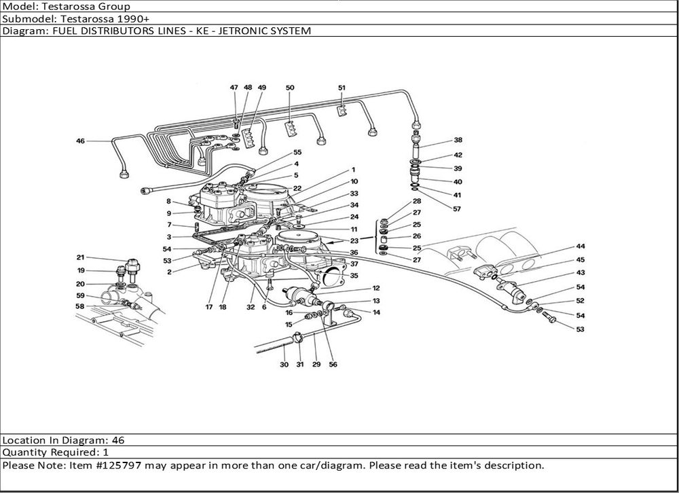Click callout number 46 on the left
coord(81,141)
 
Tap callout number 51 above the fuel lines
coord(342,88)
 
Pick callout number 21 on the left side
coord(80,257)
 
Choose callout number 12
coord(375,288)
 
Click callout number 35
coord(354,276)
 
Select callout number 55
coord(297,152)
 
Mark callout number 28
coord(416,202)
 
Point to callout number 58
coord(80,306)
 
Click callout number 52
coord(580,301)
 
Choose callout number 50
coord(290,88)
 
